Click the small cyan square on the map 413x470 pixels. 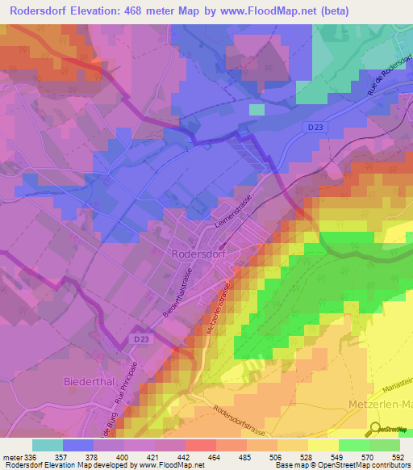[x=257, y=110]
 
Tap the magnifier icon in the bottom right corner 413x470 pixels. [x=374, y=428]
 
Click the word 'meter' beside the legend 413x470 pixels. [x=13, y=456]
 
